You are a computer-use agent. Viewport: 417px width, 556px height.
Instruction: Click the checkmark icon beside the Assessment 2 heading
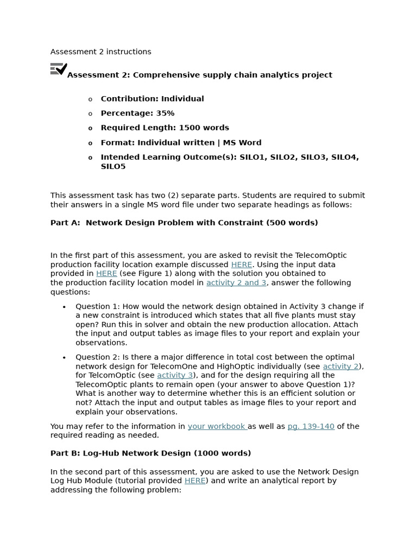click(x=59, y=69)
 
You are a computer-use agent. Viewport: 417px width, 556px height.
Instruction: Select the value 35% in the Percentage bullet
click(x=165, y=113)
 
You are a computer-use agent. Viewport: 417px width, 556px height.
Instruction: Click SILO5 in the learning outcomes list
click(x=113, y=167)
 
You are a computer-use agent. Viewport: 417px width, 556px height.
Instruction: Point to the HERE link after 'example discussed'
click(x=242, y=265)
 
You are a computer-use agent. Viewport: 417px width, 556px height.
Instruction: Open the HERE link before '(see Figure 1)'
click(x=106, y=274)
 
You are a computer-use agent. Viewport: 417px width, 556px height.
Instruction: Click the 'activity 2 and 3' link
click(x=236, y=283)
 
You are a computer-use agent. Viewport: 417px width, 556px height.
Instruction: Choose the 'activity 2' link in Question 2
click(x=340, y=367)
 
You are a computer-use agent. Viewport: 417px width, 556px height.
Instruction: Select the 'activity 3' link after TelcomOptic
click(x=175, y=375)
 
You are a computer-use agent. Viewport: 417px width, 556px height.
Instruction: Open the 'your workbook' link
click(x=217, y=426)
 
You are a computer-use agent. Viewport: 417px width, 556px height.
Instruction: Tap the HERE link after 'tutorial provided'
click(x=195, y=481)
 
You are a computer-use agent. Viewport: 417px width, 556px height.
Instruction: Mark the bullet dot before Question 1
click(x=64, y=307)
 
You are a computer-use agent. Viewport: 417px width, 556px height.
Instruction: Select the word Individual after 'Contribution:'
click(x=182, y=99)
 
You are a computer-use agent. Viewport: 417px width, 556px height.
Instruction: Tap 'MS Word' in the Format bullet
click(x=242, y=143)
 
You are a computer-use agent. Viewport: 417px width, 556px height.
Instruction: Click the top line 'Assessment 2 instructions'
click(x=101, y=52)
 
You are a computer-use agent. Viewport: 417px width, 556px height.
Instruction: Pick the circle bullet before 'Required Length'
click(x=90, y=128)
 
